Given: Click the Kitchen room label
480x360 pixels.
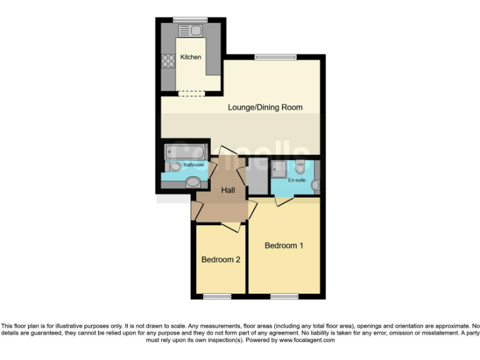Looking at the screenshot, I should tap(191, 57).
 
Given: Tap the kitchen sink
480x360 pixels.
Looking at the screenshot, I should tap(190, 30).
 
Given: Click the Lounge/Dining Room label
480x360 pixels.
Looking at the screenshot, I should tap(265, 107).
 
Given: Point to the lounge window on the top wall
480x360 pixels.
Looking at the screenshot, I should tap(276, 57).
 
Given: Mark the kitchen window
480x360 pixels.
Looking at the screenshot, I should tap(191, 20).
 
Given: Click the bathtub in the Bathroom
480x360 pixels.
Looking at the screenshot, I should tap(186, 152).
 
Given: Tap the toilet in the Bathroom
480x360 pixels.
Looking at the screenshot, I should tap(175, 167).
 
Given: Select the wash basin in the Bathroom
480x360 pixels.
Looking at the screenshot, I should tap(194, 182).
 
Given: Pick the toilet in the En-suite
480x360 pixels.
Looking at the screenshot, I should tap(300, 166).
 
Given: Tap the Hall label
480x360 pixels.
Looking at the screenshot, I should tap(228, 190).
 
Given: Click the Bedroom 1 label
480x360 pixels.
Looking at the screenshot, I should tap(284, 246).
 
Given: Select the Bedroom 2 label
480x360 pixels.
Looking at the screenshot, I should tap(221, 259).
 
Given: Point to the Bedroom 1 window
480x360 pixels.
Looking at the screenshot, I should tap(284, 296).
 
